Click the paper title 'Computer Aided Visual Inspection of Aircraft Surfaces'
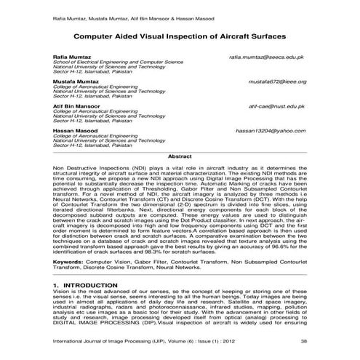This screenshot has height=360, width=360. [x=180, y=35]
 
